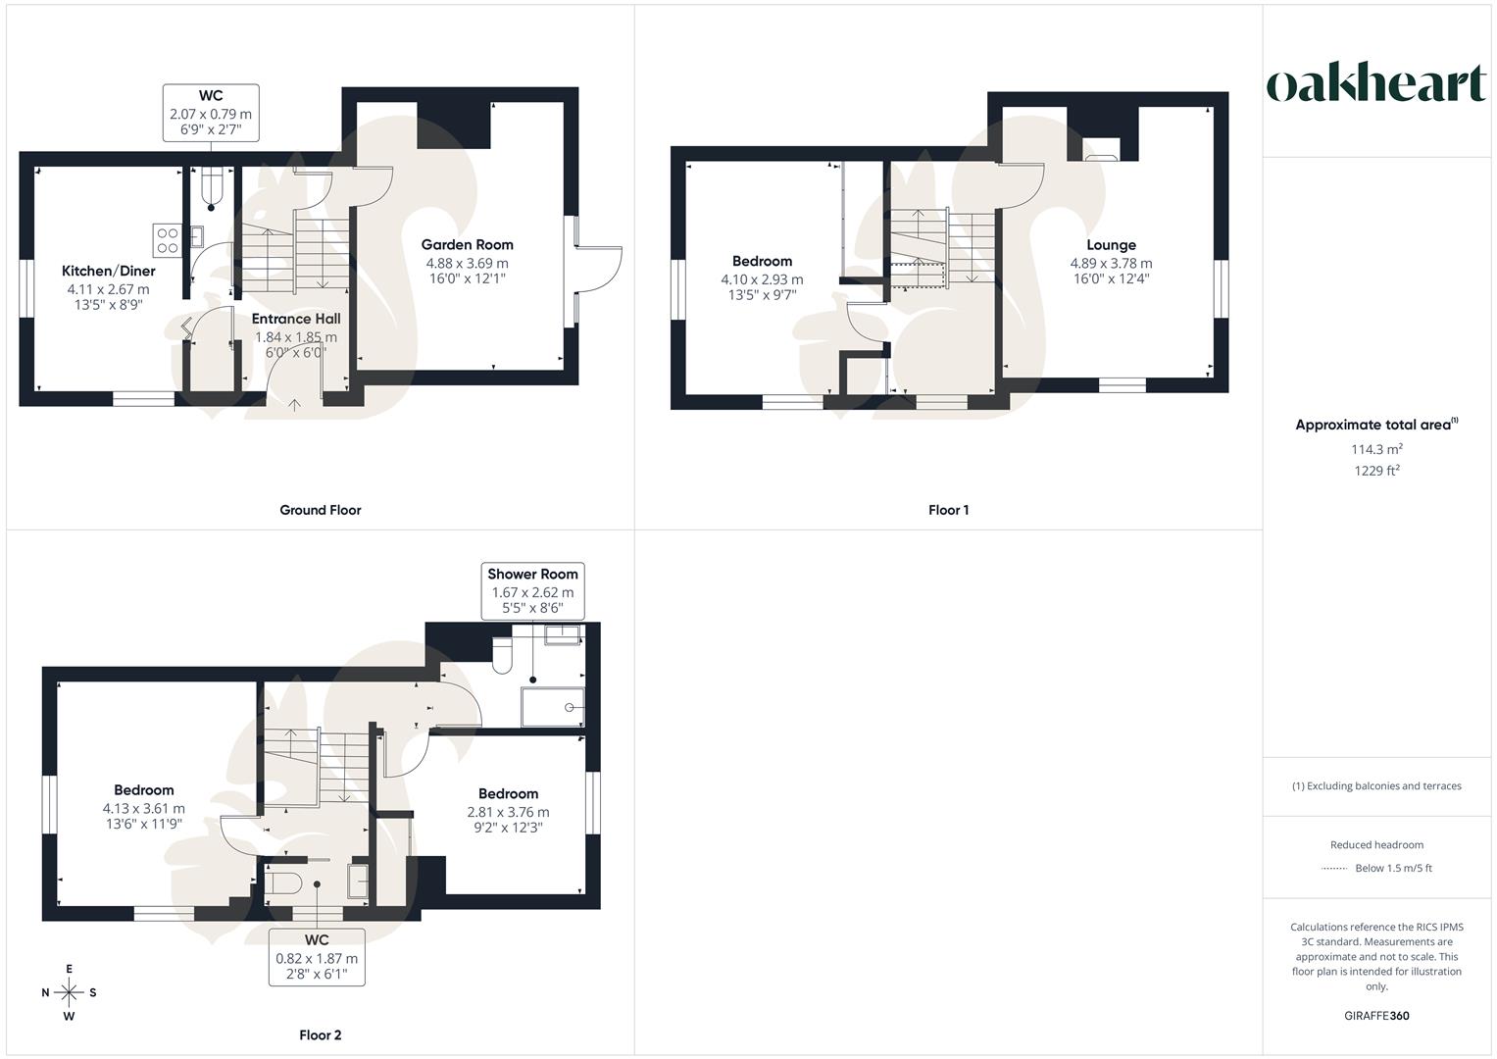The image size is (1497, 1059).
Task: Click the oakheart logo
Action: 1376,84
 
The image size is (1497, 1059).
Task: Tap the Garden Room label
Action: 467,245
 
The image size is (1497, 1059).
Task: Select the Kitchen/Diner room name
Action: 108,271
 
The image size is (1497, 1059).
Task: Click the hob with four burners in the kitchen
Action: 166,240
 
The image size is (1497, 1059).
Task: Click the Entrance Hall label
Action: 296,319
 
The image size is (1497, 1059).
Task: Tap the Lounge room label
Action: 1111,245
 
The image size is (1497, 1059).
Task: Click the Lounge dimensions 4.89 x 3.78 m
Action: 1111,263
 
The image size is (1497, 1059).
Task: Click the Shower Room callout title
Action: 532,575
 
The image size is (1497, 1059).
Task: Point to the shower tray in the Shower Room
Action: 553,706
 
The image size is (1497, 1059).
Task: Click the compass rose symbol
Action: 69,992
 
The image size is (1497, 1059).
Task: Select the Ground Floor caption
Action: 321,510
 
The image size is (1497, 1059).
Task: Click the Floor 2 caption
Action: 321,1035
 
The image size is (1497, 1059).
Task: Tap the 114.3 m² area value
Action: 1376,449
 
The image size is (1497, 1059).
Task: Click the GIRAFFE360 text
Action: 1376,1016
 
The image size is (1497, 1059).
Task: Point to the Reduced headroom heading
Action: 1376,845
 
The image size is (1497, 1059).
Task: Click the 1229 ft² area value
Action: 1376,471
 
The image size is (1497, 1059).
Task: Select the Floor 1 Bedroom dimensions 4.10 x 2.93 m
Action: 762,279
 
